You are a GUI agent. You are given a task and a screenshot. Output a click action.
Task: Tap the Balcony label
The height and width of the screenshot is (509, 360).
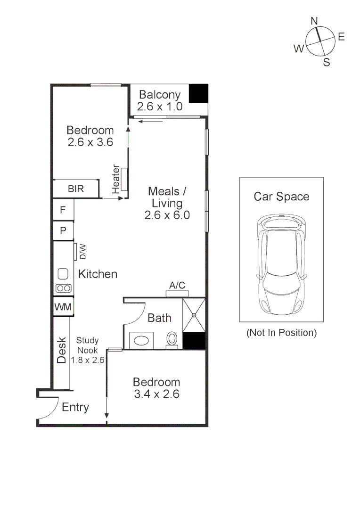pos(159,95)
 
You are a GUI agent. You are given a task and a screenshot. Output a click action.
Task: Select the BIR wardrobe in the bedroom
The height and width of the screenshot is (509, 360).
pos(76,189)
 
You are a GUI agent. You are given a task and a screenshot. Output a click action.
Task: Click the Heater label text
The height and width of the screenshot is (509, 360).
pos(116,179)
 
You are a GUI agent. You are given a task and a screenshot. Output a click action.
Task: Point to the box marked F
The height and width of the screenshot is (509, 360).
pos(63,209)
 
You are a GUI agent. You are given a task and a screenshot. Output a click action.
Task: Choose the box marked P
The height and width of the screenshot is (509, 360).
pos(63,231)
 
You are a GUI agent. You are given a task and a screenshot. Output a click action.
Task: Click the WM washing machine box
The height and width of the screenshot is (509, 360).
pos(63,307)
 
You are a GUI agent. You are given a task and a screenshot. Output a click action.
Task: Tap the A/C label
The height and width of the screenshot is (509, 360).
pos(177,286)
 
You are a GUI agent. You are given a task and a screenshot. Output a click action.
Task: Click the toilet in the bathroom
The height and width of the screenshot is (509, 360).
pos(172,339)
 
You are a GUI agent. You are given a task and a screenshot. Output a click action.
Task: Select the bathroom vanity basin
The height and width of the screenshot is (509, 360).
pos(141,340)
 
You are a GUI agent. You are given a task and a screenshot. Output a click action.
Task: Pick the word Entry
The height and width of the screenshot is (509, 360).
pos(75,407)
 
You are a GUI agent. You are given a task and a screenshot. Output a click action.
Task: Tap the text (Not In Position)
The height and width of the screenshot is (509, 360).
pos(281,333)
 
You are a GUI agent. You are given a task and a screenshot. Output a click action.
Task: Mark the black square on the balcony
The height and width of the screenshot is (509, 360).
pos(198,93)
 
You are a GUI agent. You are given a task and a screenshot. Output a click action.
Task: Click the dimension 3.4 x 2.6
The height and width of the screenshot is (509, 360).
pos(156,394)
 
